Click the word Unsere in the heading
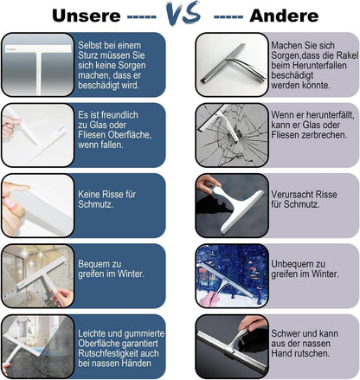[x=87, y=16]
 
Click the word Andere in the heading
[x=284, y=16]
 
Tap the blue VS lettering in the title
[x=183, y=13]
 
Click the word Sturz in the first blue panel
[x=88, y=55]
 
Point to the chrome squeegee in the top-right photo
[x=233, y=65]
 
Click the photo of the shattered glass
[x=232, y=135]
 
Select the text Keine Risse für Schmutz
[x=106, y=199]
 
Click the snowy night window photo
[x=232, y=276]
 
